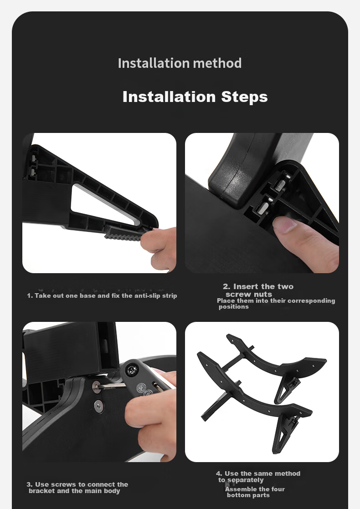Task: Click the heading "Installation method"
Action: click(180, 63)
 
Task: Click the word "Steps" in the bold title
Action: click(244, 97)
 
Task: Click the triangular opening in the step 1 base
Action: click(104, 204)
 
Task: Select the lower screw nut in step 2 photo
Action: click(264, 208)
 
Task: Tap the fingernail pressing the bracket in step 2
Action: click(285, 224)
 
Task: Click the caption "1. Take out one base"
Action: click(62, 296)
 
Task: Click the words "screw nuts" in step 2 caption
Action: click(248, 295)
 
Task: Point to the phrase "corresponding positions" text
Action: click(277, 304)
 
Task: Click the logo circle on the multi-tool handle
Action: click(142, 387)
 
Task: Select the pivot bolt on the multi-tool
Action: click(131, 371)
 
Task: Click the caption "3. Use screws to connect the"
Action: click(77, 484)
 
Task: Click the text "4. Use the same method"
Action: click(258, 473)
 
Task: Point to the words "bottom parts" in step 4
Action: click(248, 495)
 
